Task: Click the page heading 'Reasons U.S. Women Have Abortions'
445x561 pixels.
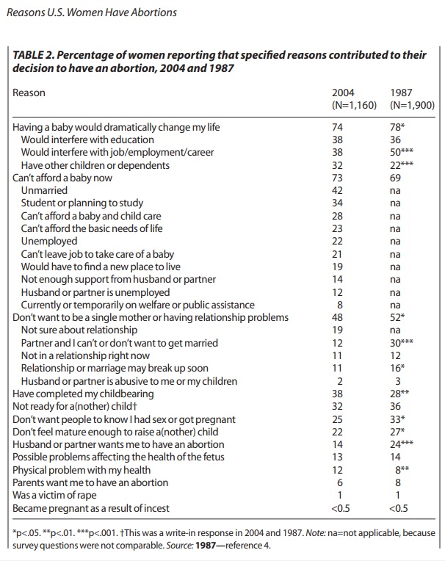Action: [x=92, y=12]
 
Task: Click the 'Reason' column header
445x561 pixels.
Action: [x=29, y=93]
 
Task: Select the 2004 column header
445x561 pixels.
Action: [x=344, y=93]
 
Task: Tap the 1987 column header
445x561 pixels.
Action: [x=401, y=93]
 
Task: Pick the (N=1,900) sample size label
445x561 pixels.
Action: [x=411, y=105]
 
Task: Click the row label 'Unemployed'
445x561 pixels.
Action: [x=48, y=241]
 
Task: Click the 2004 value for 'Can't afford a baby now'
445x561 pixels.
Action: [x=339, y=178]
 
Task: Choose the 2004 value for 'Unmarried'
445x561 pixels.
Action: [x=339, y=190]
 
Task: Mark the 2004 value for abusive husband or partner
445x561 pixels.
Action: [x=339, y=381]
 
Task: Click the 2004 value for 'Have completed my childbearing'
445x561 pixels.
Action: [x=339, y=394]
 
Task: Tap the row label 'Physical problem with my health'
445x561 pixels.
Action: [x=82, y=470]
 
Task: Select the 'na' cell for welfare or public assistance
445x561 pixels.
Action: [x=396, y=305]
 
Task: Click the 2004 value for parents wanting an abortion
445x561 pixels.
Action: [x=339, y=482]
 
